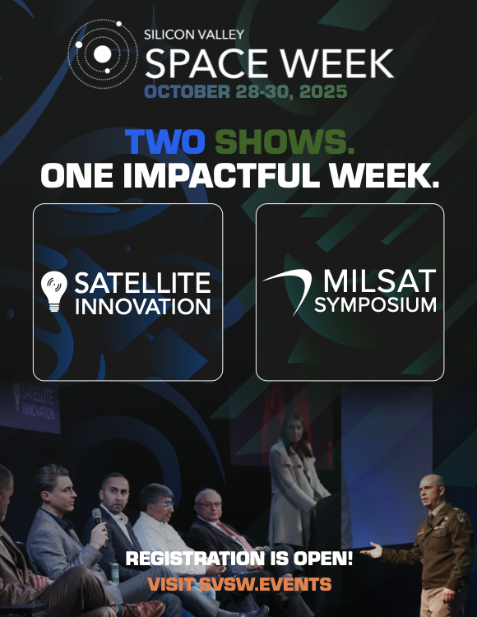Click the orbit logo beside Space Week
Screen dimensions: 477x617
point(103,54)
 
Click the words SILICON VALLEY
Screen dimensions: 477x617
point(194,35)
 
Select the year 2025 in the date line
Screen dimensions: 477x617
point(323,91)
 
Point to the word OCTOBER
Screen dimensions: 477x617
point(188,91)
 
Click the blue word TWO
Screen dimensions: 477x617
point(165,141)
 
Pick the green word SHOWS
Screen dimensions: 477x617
point(285,141)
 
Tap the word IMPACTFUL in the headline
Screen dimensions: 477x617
point(221,175)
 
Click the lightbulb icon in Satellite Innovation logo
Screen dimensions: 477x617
point(54,291)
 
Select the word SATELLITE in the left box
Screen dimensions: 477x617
point(143,282)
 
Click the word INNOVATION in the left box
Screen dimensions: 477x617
point(143,307)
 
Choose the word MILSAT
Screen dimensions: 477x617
point(379,281)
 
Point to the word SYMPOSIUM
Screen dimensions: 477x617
point(376,305)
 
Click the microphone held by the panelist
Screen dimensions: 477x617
point(97,516)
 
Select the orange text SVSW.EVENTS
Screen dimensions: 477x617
point(266,584)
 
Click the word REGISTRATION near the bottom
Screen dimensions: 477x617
point(195,559)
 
